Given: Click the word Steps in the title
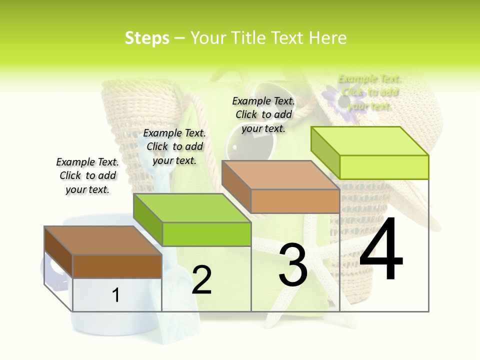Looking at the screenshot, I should coord(147,38).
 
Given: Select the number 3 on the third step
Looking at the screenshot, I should coord(293,265).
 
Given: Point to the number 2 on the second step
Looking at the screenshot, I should coord(201,279).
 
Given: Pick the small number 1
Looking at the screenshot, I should coord(115,295).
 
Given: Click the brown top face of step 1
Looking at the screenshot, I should coord(102,240).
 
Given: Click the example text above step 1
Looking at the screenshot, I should coord(87,175).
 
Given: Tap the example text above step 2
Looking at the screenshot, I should coord(174,146).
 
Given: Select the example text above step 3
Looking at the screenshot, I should coord(263,114).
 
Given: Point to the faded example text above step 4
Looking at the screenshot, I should coord(369,92).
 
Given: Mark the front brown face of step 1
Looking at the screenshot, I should coord(117,266).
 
